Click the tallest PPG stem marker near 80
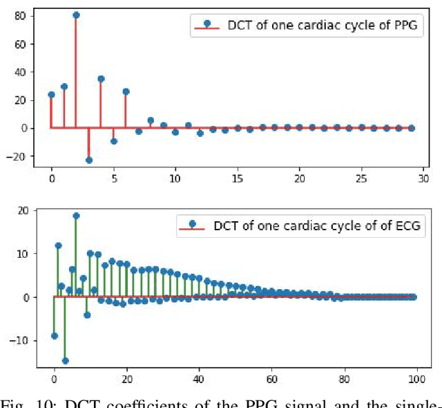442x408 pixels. click(76, 15)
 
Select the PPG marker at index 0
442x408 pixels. click(51, 95)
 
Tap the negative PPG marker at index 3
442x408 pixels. click(88, 160)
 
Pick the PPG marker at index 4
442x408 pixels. click(101, 79)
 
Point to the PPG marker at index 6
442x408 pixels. click(126, 91)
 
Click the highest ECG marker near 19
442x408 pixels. click(76, 216)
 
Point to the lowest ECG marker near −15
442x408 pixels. click(65, 360)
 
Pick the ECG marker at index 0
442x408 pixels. click(55, 336)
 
